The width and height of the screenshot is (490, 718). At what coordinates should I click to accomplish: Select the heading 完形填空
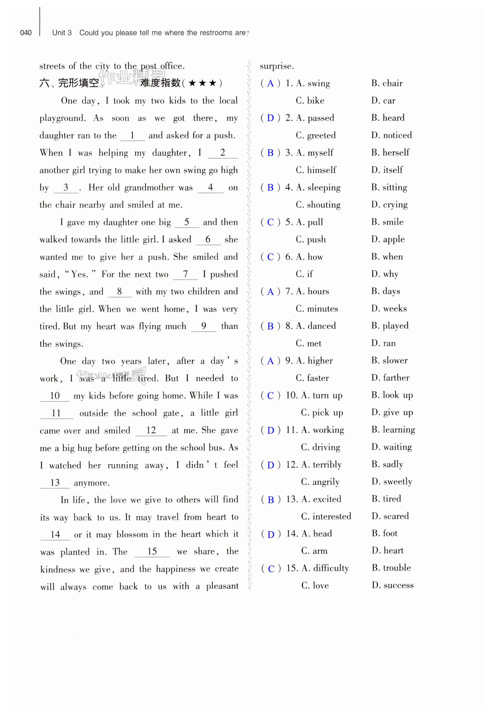[x=78, y=83]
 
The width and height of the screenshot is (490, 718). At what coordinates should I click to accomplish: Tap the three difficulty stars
[x=202, y=83]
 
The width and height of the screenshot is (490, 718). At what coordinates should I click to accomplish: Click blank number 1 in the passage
[x=132, y=135]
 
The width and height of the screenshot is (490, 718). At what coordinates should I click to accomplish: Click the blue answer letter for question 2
[x=270, y=118]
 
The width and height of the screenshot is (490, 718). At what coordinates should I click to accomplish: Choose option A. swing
[x=313, y=83]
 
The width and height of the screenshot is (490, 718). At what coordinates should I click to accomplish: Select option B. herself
[x=390, y=152]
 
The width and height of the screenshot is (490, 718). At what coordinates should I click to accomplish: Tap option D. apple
[x=388, y=239]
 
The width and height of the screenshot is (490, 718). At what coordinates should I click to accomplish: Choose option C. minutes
[x=317, y=309]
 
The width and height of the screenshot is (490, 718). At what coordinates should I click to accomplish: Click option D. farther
[x=390, y=378]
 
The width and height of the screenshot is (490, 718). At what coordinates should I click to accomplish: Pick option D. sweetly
[x=392, y=481]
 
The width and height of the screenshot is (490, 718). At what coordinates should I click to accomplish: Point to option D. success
[x=392, y=585]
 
